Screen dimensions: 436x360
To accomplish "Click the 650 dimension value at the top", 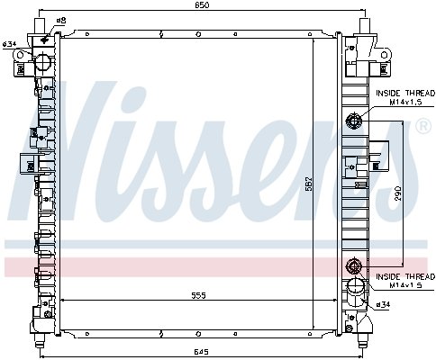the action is (x=203, y=5).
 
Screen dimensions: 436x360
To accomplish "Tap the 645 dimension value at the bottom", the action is (x=201, y=352).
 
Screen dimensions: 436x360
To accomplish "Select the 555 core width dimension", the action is (x=199, y=295).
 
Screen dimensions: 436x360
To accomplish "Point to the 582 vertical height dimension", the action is (x=309, y=184).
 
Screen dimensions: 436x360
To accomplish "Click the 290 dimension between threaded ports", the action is (x=398, y=193).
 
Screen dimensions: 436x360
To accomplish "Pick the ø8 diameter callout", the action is (x=61, y=21).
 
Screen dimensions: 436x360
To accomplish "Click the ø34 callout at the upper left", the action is (x=9, y=44).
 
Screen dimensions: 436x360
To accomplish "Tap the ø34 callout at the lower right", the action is (x=383, y=304).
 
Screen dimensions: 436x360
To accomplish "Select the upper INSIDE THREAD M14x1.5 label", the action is (x=405, y=97).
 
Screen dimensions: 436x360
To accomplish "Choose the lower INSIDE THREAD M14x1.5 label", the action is (x=405, y=281).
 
